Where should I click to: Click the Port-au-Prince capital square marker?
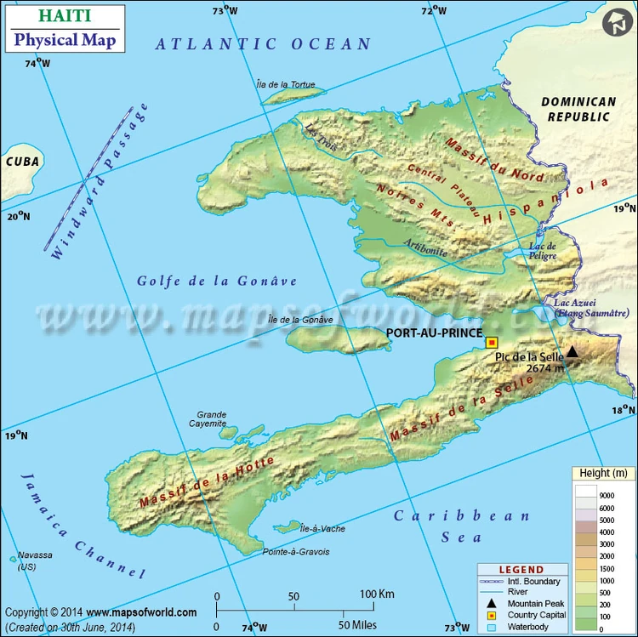(x=491, y=343)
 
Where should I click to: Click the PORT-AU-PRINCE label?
(x=434, y=333)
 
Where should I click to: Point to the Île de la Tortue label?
(x=286, y=84)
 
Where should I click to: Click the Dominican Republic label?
(x=578, y=109)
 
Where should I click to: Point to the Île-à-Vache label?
(x=322, y=529)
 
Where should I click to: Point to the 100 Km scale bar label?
(x=378, y=594)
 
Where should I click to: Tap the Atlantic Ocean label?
(x=264, y=44)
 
